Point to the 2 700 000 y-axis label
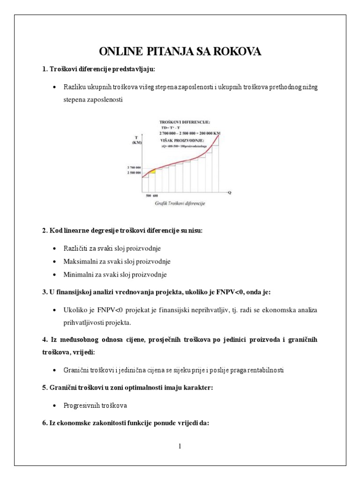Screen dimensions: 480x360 point(134,167)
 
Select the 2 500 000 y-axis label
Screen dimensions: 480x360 point(134,173)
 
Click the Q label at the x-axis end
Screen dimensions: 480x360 point(230,192)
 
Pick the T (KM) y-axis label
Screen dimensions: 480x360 point(137,140)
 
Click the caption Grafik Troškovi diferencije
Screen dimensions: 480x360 point(180,203)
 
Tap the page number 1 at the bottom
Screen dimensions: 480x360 point(180,446)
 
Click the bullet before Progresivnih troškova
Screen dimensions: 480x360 point(55,404)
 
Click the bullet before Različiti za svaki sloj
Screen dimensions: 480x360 point(55,247)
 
